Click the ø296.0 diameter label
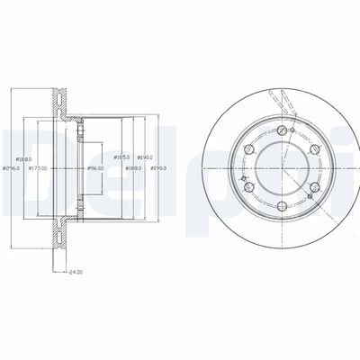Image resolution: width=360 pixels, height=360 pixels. (x=12, y=167)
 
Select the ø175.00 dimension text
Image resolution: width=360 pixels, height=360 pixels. (x=38, y=167)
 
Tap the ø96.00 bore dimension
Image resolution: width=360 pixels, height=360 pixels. (x=96, y=167)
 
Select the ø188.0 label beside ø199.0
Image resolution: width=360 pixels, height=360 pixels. (x=134, y=167)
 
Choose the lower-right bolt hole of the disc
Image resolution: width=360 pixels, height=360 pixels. (x=315, y=189)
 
